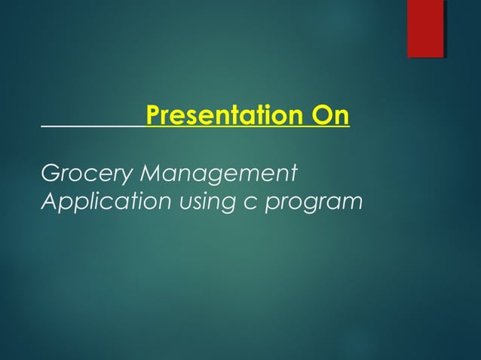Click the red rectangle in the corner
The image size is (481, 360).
pyautogui.click(x=425, y=29)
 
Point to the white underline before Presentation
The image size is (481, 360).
pyautogui.click(x=93, y=127)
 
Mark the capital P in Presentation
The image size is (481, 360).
pyautogui.click(x=153, y=117)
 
